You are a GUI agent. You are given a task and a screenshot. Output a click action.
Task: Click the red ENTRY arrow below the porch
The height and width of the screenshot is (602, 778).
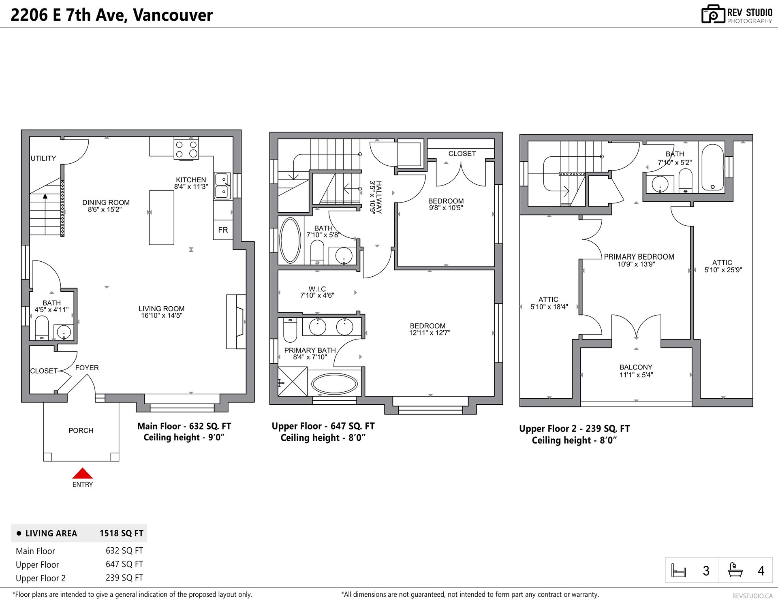(83, 473)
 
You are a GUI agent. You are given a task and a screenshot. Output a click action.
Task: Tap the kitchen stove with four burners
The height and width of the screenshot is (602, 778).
(186, 149)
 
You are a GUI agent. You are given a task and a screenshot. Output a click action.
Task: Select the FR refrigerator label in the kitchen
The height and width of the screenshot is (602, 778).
(223, 230)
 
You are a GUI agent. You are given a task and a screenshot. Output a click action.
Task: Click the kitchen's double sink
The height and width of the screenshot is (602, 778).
(222, 186)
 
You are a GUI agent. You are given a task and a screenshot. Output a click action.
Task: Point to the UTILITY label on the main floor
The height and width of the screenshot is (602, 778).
(43, 158)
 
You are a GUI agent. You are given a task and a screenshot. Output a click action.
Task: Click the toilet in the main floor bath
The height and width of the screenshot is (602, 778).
(42, 328)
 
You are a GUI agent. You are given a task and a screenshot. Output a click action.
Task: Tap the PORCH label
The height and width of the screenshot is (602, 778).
(81, 430)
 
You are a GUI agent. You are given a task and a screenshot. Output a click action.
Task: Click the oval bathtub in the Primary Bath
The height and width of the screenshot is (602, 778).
(334, 384)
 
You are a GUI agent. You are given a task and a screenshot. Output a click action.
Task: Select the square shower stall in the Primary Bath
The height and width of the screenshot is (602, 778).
(293, 381)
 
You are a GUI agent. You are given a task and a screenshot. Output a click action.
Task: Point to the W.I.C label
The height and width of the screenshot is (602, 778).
(317, 289)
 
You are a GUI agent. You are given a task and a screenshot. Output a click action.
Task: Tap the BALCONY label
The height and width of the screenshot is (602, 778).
(636, 367)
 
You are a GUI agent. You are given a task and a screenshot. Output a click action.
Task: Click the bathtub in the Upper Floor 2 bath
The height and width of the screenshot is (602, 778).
(713, 167)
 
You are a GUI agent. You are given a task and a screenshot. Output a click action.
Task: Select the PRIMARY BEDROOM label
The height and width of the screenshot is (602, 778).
(639, 257)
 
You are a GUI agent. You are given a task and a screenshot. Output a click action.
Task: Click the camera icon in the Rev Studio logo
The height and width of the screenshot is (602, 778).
(713, 14)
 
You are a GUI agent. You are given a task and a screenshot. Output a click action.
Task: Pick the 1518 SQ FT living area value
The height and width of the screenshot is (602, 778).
(122, 533)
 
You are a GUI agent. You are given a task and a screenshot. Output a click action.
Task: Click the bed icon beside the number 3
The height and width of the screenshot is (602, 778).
(679, 570)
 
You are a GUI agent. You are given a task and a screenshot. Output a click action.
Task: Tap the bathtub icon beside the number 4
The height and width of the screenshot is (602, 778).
(735, 570)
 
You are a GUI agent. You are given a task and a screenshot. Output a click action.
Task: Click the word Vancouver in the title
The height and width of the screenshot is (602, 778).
(173, 15)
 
